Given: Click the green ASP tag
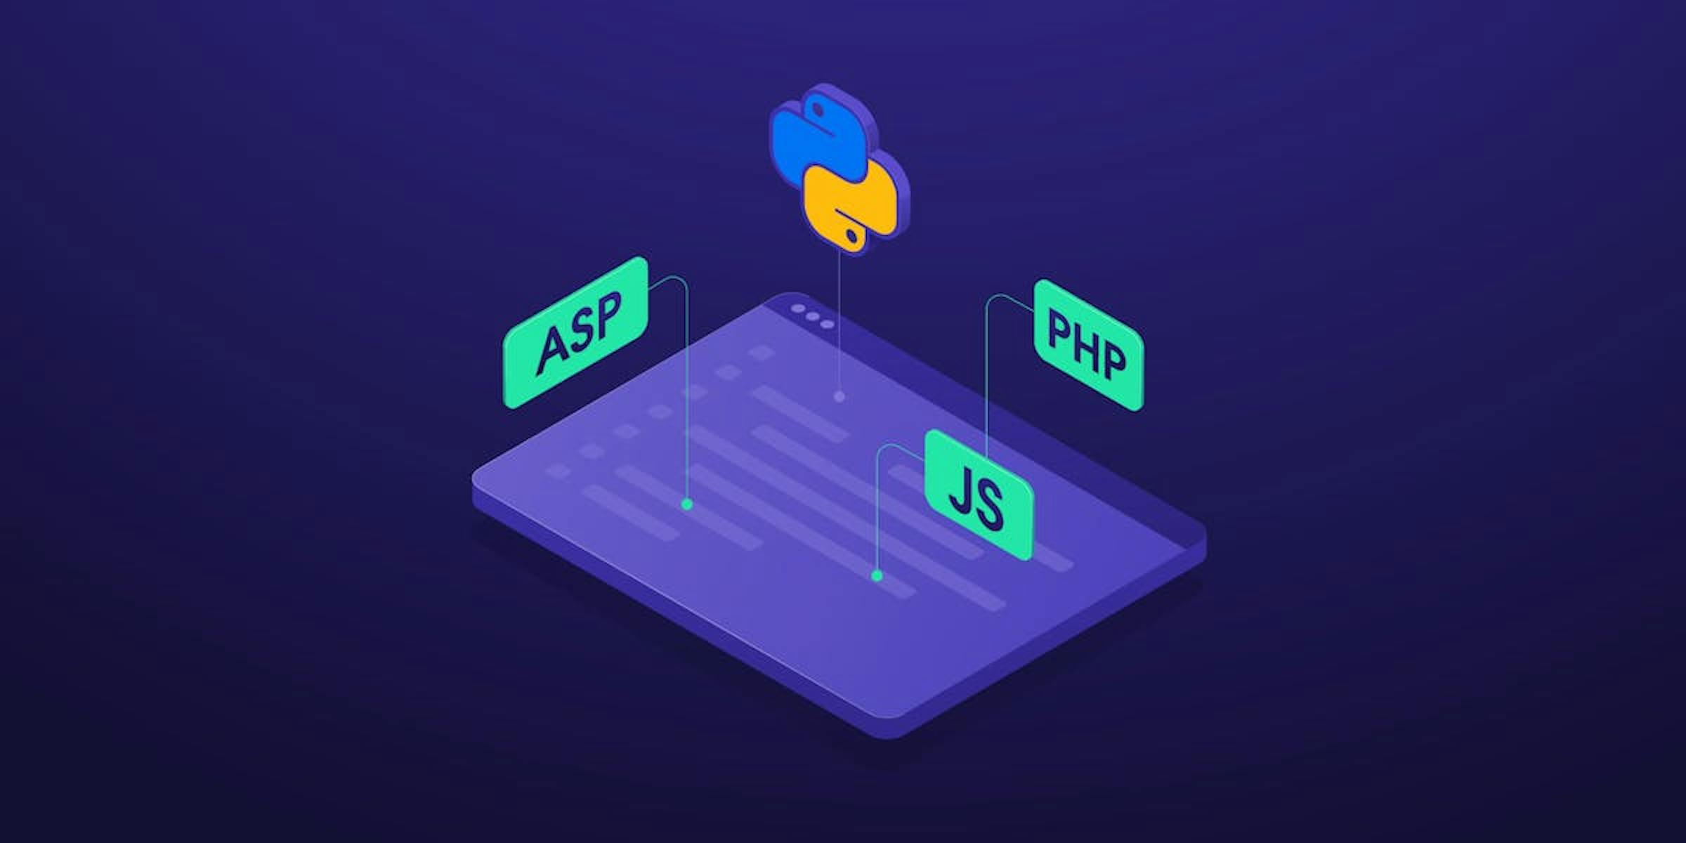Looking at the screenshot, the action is (575, 332).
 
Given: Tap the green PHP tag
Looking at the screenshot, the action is (1088, 345).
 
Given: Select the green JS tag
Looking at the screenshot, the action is (979, 495).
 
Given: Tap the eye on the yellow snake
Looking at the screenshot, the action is (851, 234).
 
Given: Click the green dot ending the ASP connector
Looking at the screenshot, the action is (687, 504).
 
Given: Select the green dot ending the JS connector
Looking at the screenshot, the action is (877, 576).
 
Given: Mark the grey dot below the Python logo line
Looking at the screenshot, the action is (839, 396).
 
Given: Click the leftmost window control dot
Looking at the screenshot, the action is (798, 309).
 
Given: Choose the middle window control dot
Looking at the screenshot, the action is (813, 317).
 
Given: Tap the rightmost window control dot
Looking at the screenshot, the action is (828, 325).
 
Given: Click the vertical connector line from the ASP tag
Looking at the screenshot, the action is (686, 393).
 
